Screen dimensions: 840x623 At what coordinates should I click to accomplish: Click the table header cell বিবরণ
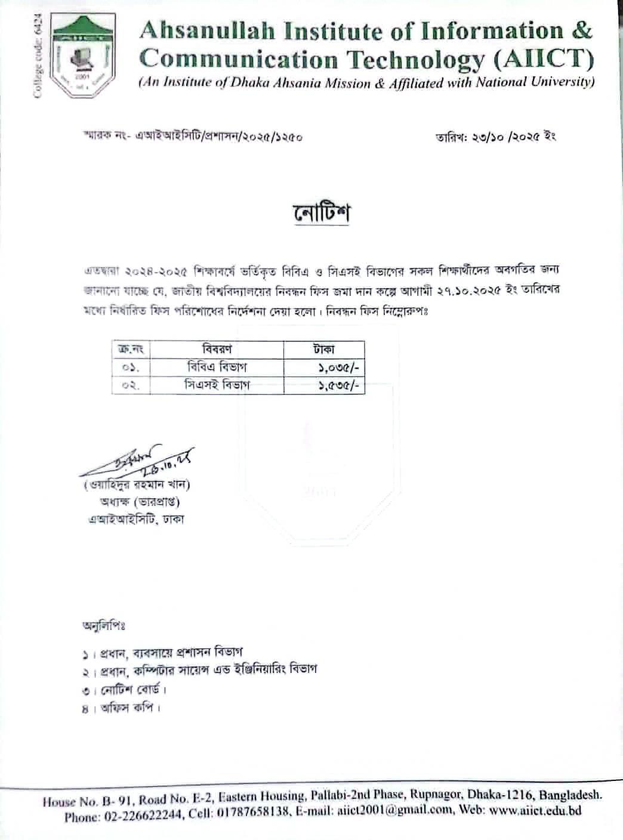click(217, 348)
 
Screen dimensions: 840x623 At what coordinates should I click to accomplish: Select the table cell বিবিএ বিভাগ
click(217, 367)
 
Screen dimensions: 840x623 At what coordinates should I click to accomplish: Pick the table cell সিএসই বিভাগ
click(217, 385)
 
